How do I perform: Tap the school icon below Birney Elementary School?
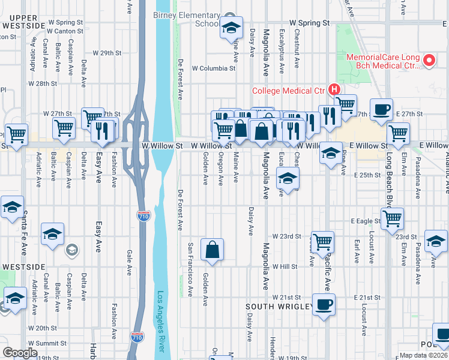click(x=231, y=28)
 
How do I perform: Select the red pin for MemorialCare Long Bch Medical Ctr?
click(x=429, y=61)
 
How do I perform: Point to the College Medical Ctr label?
click(x=288, y=91)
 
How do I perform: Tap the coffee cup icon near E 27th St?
click(x=381, y=110)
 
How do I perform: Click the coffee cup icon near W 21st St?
click(x=324, y=304)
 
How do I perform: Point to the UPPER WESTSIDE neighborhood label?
click(x=24, y=22)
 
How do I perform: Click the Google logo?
click(x=20, y=352)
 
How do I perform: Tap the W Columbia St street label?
click(x=213, y=68)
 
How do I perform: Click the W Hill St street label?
click(x=285, y=266)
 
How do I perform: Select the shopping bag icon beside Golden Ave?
click(x=212, y=250)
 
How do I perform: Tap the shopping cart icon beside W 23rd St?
click(x=322, y=241)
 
